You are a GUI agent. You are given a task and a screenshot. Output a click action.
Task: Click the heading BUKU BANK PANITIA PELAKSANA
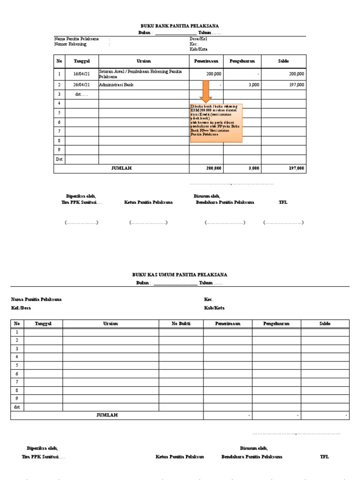180,26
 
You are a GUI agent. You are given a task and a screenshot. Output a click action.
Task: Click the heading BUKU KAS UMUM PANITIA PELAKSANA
180,275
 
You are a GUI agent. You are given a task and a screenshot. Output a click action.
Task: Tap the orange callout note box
216,123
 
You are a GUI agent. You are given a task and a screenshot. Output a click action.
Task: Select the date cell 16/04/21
81,74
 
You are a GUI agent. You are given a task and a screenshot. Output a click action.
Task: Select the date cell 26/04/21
81,85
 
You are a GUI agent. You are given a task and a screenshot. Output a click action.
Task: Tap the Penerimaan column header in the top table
206,61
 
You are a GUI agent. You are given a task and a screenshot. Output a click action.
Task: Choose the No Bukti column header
181,324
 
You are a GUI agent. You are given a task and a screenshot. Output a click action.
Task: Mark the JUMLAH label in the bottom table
107,415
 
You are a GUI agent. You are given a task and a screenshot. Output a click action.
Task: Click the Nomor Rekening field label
70,44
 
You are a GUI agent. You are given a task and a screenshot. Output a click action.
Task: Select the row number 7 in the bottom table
17,382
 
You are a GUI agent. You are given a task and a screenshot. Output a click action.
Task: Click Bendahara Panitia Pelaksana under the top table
225,202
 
